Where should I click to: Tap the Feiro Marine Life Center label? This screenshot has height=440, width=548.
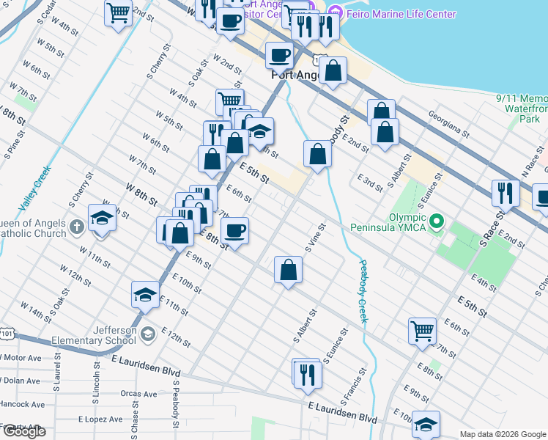point(385,12)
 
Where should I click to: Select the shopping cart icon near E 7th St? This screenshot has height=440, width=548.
point(423,330)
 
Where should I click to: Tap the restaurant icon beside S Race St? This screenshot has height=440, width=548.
point(506,192)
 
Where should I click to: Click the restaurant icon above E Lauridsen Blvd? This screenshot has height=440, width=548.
point(306,373)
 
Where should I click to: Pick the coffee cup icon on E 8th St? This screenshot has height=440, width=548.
point(235,231)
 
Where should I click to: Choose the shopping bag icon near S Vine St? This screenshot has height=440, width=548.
point(289,269)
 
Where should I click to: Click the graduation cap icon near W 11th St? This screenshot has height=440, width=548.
point(145,295)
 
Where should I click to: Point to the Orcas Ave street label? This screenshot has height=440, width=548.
point(139,394)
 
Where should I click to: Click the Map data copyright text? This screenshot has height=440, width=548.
point(502,434)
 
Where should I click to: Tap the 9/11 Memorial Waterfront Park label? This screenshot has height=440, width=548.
point(522,108)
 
